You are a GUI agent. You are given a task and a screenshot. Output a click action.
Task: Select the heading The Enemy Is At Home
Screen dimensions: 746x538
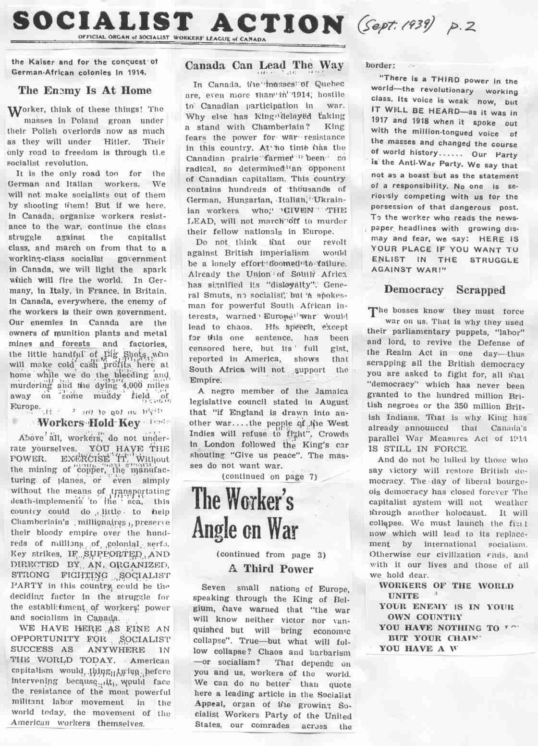coord(85,90)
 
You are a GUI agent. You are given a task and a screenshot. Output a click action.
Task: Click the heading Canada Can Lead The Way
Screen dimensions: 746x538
coord(264,65)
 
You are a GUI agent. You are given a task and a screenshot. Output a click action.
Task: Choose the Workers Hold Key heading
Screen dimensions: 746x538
coord(89,423)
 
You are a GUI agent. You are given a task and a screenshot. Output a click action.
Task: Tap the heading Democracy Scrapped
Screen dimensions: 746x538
coord(445,290)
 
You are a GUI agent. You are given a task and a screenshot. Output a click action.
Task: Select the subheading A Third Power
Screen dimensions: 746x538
coord(270,569)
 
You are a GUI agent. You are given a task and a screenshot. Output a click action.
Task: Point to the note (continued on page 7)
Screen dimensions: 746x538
coord(269,476)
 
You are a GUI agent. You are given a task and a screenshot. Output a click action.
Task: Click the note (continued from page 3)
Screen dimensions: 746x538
coord(271,554)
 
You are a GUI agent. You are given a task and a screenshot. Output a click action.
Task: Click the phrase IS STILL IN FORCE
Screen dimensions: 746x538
coord(410,448)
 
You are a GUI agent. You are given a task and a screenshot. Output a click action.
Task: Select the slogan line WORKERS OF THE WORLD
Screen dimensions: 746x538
coord(439,585)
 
